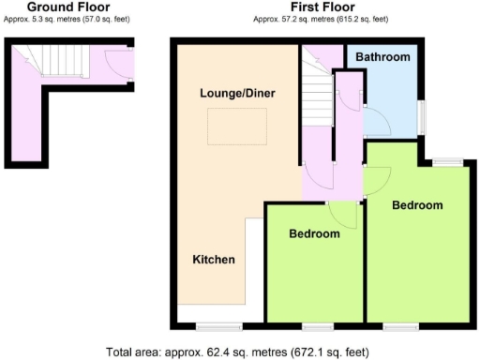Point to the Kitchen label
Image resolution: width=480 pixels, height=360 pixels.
pyautogui.click(x=214, y=259)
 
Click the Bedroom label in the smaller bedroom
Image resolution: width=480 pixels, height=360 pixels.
pyautogui.click(x=314, y=233)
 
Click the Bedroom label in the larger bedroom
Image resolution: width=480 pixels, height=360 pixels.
pyautogui.click(x=417, y=205)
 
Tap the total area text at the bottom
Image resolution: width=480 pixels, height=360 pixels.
pyautogui.click(x=239, y=352)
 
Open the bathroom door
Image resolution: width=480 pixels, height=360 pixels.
pyautogui.click(x=373, y=121)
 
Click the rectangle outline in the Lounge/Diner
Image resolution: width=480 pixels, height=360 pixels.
pyautogui.click(x=237, y=127)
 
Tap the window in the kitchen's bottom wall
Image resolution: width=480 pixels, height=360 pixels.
pyautogui.click(x=213, y=326)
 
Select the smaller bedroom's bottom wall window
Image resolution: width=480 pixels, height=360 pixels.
pyautogui.click(x=317, y=326)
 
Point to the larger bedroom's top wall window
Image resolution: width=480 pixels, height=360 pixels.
pyautogui.click(x=447, y=162)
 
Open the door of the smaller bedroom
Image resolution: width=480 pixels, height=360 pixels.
pyautogui.click(x=345, y=214)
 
